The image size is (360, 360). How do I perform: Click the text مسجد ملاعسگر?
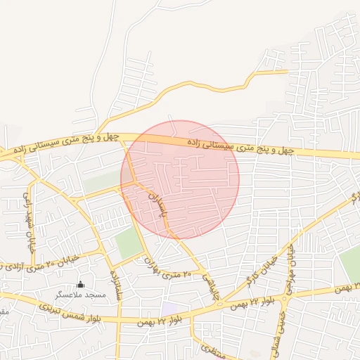point(81,295)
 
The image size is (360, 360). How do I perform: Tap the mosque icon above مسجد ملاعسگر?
point(80,285)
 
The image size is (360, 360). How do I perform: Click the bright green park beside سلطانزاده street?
point(129,243)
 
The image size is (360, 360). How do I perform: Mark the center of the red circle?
point(180,179)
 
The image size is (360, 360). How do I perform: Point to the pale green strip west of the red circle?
point(103,181)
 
